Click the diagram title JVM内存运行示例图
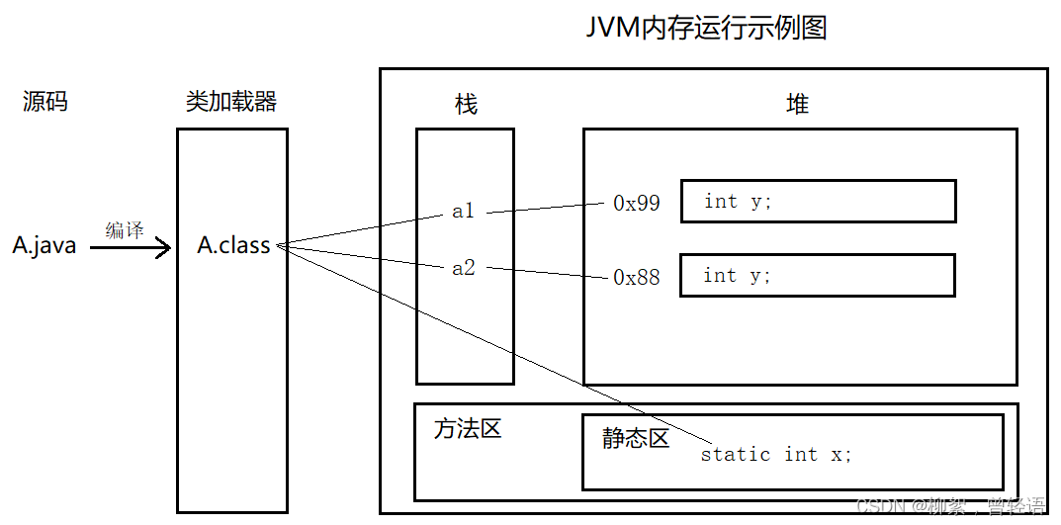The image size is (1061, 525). coord(707,28)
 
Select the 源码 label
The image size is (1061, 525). coord(44,101)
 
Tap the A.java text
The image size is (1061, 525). coord(44,246)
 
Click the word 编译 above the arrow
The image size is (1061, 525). coord(125,229)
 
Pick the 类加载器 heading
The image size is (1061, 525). coord(231,101)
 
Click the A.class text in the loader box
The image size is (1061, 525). coord(233,246)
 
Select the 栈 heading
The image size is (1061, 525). coord(466,104)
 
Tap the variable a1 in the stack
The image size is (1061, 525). coord(463,211)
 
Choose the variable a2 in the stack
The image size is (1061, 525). coord(463,268)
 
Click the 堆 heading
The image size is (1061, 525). coord(797,104)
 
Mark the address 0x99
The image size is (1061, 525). coord(636,204)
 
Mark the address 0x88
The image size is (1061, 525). coord(636,278)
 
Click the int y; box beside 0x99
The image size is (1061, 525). coord(818,202)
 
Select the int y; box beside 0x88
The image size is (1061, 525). coord(817,276)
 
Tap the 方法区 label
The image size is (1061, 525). coord(468,429)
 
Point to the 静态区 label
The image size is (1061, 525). coord(636,438)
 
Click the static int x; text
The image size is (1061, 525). coord(775,455)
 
